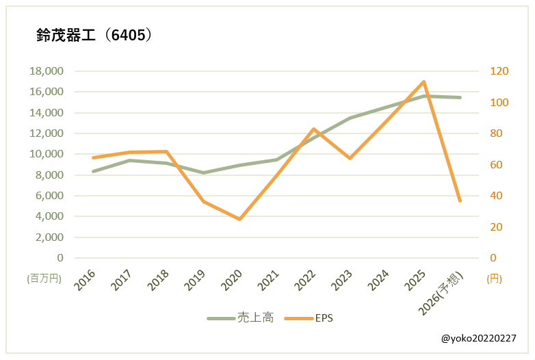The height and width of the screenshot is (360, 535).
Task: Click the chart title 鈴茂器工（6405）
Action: [x=94, y=36]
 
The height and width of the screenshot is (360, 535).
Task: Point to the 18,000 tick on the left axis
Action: [x=47, y=71]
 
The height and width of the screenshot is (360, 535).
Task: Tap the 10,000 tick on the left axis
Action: [x=47, y=154]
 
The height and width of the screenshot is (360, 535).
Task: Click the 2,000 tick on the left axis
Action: [x=49, y=237]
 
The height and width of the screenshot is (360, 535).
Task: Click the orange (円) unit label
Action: [x=494, y=279]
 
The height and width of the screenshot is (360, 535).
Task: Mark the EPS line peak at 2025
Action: [x=423, y=82]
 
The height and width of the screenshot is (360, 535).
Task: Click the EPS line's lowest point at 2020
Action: [x=239, y=219]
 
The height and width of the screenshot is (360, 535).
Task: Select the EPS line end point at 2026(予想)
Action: [x=460, y=201]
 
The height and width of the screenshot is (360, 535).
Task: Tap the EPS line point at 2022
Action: [x=313, y=129]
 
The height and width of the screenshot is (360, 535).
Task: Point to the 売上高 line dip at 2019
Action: [x=203, y=172]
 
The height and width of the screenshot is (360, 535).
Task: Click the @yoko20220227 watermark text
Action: [x=479, y=339]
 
